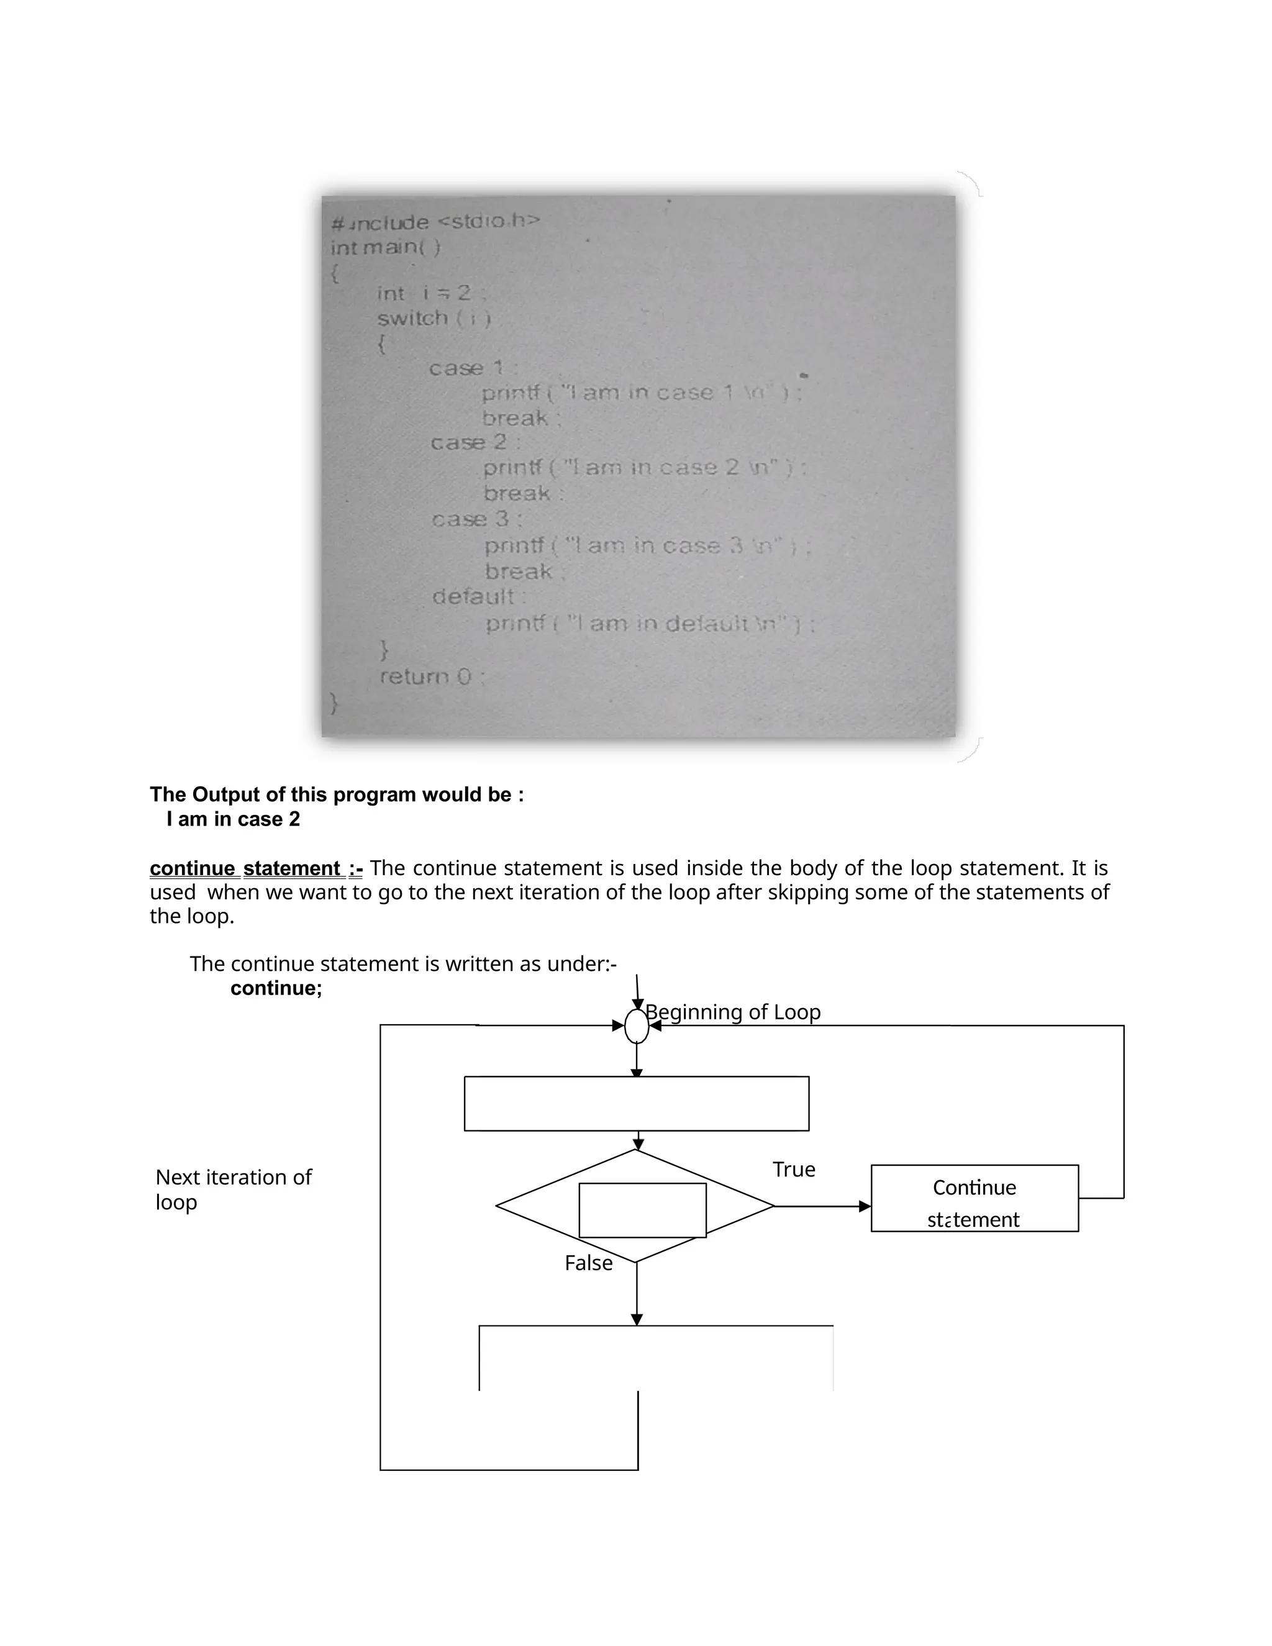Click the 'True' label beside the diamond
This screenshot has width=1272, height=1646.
pos(794,1170)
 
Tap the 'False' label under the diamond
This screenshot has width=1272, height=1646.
pos(589,1263)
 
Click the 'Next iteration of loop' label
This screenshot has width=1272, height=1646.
pos(233,1189)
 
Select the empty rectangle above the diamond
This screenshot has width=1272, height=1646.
pos(637,1103)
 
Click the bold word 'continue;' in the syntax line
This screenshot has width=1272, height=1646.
pos(276,988)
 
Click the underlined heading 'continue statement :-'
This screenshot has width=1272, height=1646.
pos(257,868)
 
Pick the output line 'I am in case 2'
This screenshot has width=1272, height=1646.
pos(233,819)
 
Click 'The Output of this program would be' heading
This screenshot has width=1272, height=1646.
pos(336,794)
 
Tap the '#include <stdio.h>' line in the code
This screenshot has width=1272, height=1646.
pos(435,222)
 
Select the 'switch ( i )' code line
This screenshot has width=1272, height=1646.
pos(434,318)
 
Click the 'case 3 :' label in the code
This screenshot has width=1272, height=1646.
pos(476,519)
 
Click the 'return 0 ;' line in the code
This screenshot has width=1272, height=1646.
pos(432,677)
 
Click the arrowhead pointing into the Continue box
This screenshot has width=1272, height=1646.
pos(865,1207)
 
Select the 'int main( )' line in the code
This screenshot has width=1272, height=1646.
pos(385,247)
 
